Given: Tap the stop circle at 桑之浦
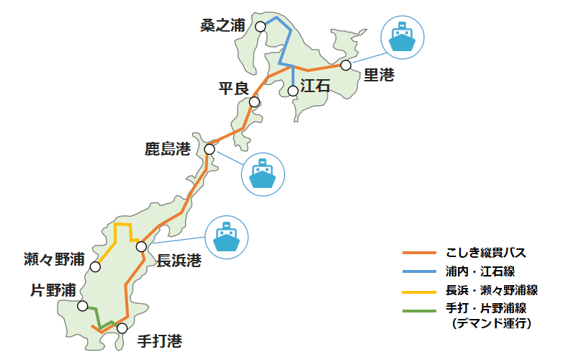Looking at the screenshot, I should pyautogui.click(x=260, y=26).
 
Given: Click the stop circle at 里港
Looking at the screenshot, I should pyautogui.click(x=346, y=65).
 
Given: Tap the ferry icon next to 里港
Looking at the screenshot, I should pyautogui.click(x=403, y=37).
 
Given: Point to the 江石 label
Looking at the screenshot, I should pyautogui.click(x=315, y=86).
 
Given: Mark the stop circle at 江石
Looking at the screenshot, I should pyautogui.click(x=292, y=91).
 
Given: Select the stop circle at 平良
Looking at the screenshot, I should pyautogui.click(x=254, y=102).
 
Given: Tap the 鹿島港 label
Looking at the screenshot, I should pyautogui.click(x=168, y=150).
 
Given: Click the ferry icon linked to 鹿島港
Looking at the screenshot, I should pyautogui.click(x=264, y=174).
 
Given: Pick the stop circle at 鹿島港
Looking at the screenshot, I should pyautogui.click(x=210, y=149).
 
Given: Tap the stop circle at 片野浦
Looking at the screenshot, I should pyautogui.click(x=83, y=306).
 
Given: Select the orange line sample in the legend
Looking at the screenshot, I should pyautogui.click(x=419, y=253).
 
